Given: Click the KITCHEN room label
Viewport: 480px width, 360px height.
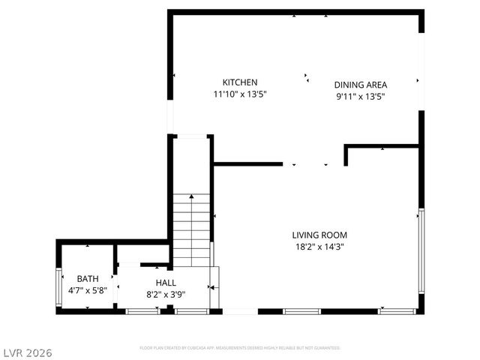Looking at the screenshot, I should point(240,82).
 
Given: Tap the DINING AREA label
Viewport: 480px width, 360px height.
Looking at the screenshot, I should point(360,85).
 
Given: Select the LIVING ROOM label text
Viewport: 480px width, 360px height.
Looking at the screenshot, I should point(319,235).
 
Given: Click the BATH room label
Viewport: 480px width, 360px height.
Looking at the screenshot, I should point(87,279).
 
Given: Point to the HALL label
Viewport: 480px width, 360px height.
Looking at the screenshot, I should point(166,282).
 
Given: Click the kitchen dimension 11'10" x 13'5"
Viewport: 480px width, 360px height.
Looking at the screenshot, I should point(240,94).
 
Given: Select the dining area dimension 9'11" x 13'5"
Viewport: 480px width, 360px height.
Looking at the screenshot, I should point(360,96).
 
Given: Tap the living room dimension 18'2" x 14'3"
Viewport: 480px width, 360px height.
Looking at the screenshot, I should point(319,246).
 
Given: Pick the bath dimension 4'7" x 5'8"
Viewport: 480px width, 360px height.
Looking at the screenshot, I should point(87,290).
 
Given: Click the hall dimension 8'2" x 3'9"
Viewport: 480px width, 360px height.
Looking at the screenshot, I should point(166,294).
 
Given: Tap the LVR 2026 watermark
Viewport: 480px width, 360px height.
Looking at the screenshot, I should point(28,350).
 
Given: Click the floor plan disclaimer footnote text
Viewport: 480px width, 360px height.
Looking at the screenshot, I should point(240,348).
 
